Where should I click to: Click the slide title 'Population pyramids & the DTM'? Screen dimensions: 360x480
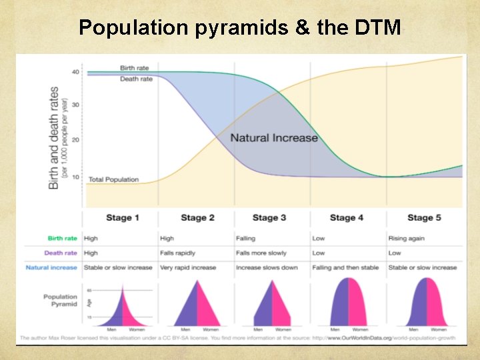pos(240,27)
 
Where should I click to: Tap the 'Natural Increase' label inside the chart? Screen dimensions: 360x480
pos(274,138)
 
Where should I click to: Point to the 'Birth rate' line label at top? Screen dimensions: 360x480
pos(136,68)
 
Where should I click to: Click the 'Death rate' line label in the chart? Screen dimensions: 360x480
pos(136,79)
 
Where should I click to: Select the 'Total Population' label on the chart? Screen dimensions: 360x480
pos(113,179)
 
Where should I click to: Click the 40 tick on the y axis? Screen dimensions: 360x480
pos(75,72)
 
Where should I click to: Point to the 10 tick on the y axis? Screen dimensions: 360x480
pos(75,177)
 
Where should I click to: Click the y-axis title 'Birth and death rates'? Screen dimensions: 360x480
pos(54,137)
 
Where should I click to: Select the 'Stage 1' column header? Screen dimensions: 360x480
pos(123,217)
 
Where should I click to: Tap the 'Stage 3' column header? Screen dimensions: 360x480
pos(269,217)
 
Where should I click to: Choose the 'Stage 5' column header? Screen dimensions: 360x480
pos(424,217)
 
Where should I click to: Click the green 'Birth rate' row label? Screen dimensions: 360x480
pos(62,238)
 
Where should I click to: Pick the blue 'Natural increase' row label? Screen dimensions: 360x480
pos(51,267)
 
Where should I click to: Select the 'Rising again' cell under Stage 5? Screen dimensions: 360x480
pos(406,238)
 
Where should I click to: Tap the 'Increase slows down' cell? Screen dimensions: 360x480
pos(267,267)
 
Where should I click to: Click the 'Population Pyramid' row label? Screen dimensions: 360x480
pos(60,300)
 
